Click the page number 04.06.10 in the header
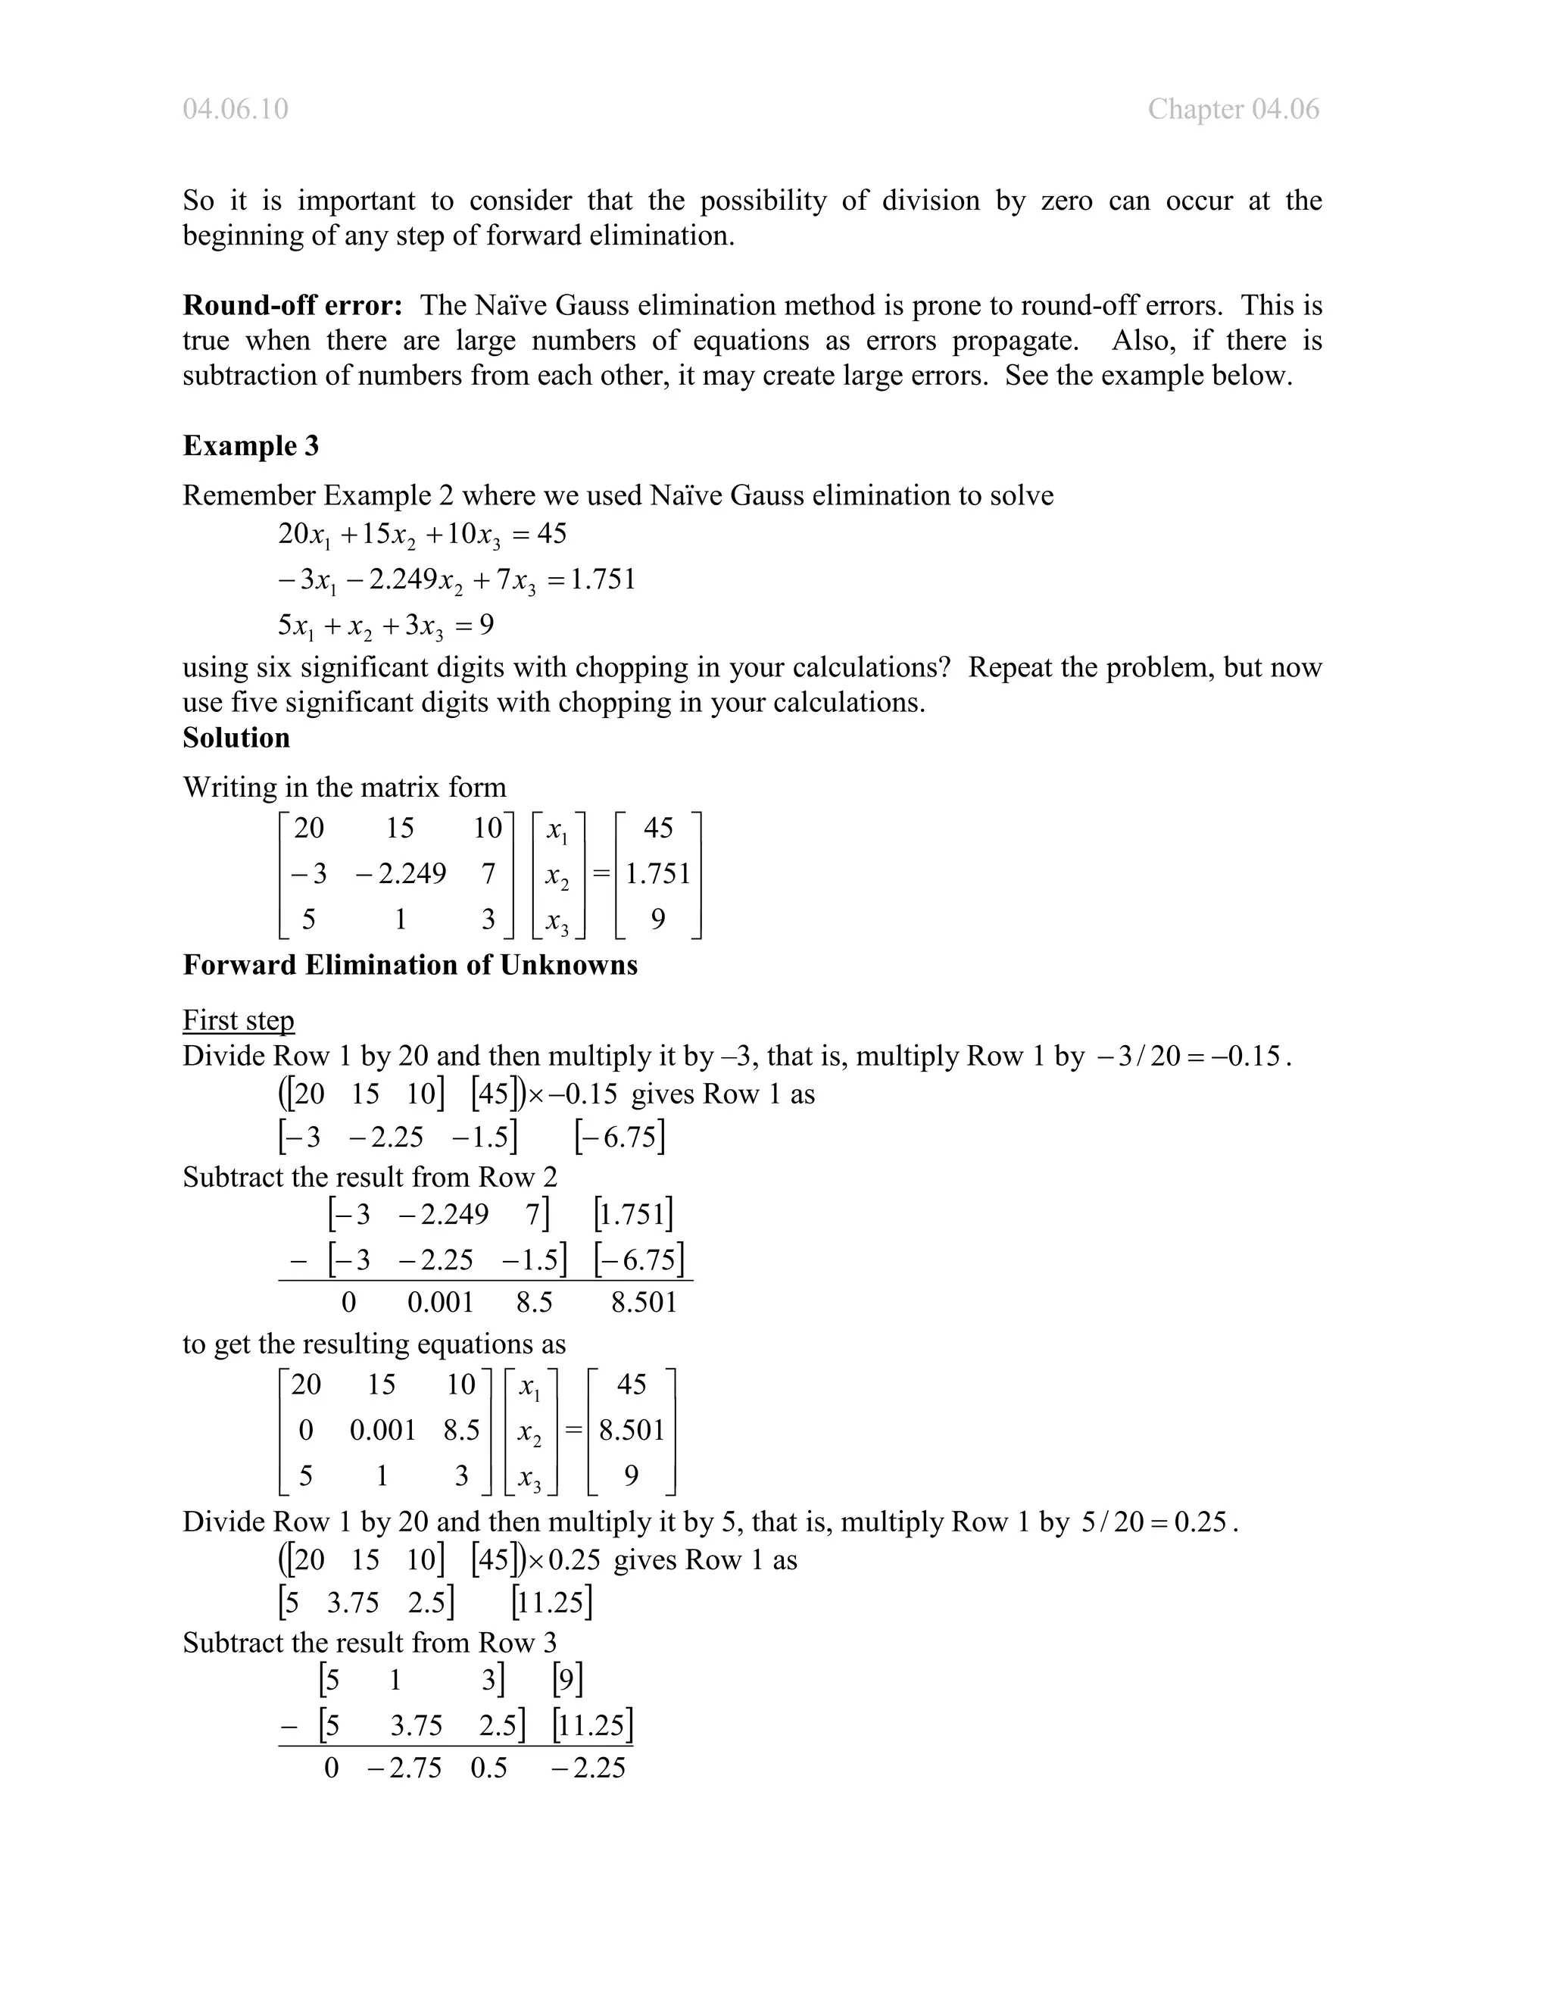pyautogui.click(x=236, y=109)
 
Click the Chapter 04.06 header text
pyautogui.click(x=1232, y=109)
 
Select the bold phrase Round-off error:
pyautogui.click(x=292, y=305)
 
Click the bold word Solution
pyautogui.click(x=236, y=738)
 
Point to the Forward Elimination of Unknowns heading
pyautogui.click(x=410, y=965)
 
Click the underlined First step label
pyautogui.click(x=238, y=1020)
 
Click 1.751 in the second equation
pyautogui.click(x=603, y=580)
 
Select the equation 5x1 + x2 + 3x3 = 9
pyautogui.click(x=386, y=626)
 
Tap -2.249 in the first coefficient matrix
pyautogui.click(x=401, y=873)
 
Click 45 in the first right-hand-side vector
pyautogui.click(x=658, y=828)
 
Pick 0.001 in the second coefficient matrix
pyautogui.click(x=382, y=1430)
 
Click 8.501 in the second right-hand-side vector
pyautogui.click(x=632, y=1430)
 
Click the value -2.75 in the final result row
pyautogui.click(x=404, y=1768)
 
